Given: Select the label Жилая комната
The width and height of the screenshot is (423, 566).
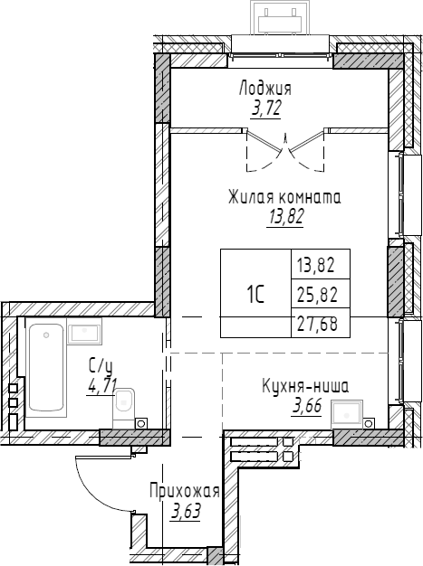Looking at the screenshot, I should tap(284, 197).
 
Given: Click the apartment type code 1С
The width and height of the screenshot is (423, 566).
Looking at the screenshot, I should tap(255, 294).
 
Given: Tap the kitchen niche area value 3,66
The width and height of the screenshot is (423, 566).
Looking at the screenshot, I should tap(308, 406).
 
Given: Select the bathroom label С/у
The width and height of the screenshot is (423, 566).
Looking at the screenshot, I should tap(100, 365).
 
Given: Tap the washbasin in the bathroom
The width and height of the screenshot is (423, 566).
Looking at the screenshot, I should tap(84, 333).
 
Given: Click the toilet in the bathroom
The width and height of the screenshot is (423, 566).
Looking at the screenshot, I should tap(124, 405).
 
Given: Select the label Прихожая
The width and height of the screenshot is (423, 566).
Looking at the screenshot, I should tap(185, 492).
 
